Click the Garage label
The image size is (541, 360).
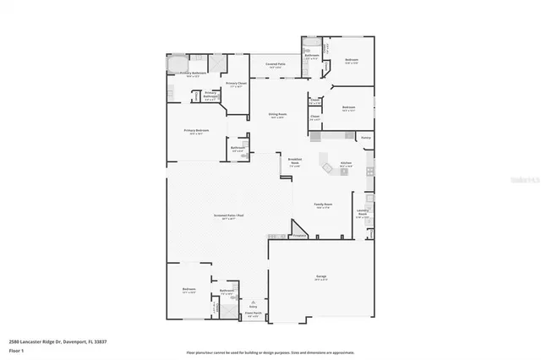click(x=320, y=278)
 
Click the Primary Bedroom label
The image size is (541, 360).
click(x=196, y=130)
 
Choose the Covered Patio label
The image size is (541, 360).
click(x=275, y=64)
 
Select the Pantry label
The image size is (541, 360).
click(x=366, y=137)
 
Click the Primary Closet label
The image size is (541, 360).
click(x=236, y=83)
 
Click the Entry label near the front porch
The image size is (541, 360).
click(x=252, y=306)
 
